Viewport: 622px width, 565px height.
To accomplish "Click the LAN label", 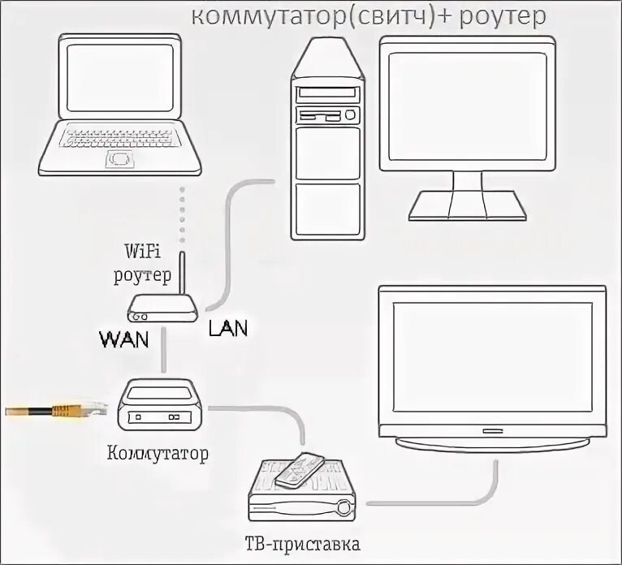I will tap(228, 328).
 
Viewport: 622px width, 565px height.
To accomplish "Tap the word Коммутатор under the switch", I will tap(158, 451).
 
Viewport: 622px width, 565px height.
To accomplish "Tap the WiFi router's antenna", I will tap(183, 276).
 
